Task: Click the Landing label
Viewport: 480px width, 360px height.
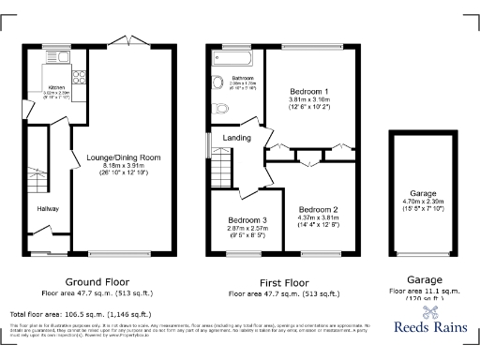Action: (236, 139)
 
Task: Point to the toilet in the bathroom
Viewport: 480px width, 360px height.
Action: (220, 110)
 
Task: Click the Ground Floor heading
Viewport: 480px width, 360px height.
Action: (89, 281)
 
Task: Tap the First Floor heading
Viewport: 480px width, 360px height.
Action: (284, 281)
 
